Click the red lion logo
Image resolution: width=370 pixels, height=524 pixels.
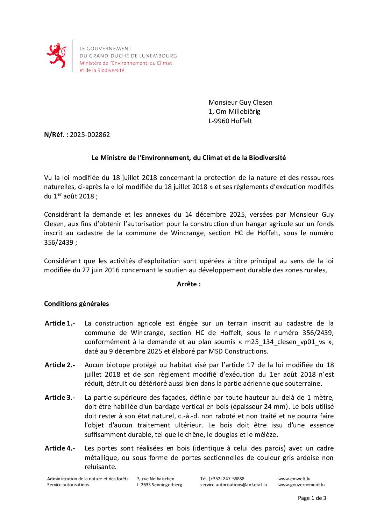56,56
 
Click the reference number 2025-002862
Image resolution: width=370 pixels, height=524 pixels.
90,134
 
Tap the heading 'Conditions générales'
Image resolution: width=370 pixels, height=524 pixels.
76,304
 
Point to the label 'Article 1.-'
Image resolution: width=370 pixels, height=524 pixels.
60,323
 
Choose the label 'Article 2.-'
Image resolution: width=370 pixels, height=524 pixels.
60,365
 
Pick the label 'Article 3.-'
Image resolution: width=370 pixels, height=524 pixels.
60,398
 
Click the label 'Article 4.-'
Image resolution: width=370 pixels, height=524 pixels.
60,448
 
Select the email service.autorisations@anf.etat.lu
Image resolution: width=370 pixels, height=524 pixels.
233,485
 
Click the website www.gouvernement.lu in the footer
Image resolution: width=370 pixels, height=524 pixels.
301,485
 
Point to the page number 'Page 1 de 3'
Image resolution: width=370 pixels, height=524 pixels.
312,498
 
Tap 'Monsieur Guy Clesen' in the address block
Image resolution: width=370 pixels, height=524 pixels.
240,103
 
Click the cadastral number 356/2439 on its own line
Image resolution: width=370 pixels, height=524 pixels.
58,242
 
